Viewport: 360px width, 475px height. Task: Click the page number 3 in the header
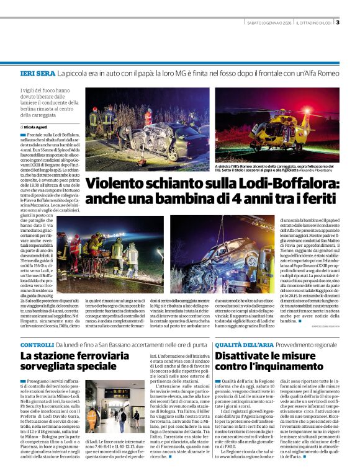(x=338, y=23)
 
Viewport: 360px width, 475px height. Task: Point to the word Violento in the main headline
(x=116, y=184)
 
